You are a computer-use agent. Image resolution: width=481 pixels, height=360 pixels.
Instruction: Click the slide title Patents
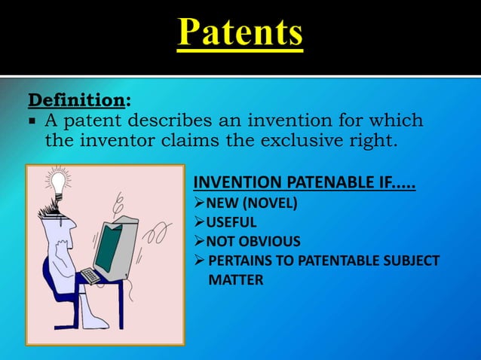(240, 35)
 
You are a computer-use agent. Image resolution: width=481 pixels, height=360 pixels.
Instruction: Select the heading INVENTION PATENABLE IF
(305, 183)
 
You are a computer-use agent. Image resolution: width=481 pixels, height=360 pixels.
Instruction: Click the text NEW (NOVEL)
(251, 203)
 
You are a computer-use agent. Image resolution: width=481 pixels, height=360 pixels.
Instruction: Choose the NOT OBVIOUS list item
(253, 242)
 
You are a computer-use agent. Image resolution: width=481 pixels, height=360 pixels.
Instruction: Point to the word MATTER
(235, 281)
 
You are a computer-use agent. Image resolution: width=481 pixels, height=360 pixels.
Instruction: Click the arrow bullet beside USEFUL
(199, 222)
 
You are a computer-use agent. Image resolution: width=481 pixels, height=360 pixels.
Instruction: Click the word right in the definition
(369, 141)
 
